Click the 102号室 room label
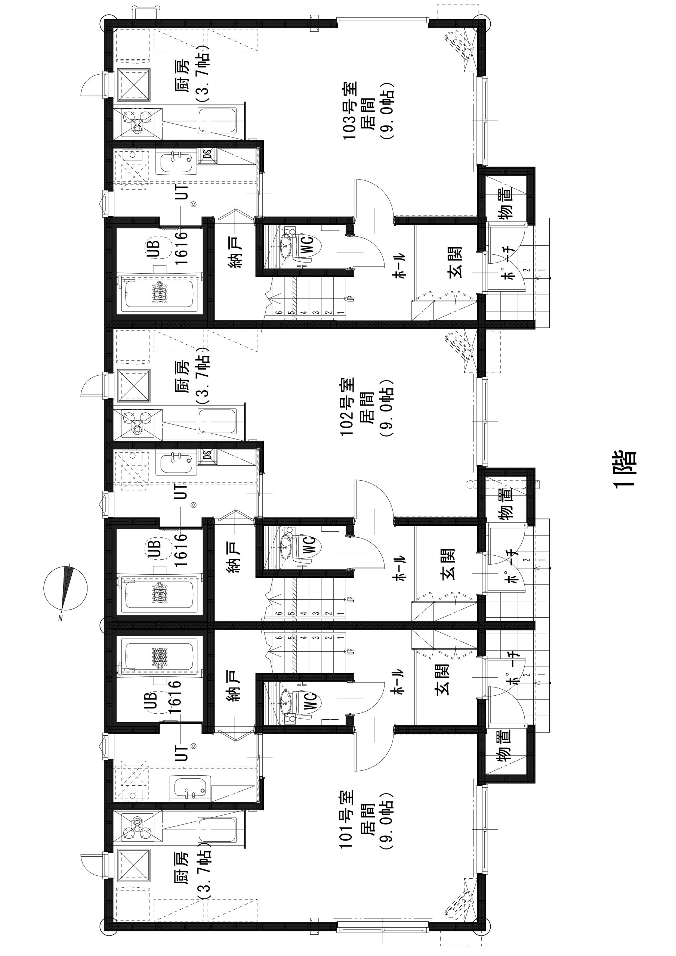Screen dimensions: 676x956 pos(348,407)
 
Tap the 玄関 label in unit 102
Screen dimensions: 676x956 pos(447,564)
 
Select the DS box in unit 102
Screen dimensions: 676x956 pos(207,456)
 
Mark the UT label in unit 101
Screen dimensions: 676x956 pos(183,752)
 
